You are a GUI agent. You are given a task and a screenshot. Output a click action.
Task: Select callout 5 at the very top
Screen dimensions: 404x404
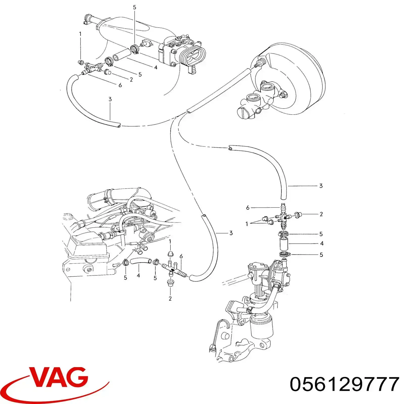(x=135, y=8)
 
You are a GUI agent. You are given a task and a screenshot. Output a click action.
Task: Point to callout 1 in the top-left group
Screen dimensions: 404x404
(x=80, y=34)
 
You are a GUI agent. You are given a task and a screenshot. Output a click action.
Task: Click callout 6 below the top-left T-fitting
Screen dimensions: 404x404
(x=120, y=85)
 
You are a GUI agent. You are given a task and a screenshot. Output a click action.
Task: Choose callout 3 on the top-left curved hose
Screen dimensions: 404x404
(x=110, y=99)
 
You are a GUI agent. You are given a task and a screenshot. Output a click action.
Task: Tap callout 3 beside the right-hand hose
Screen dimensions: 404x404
(x=321, y=186)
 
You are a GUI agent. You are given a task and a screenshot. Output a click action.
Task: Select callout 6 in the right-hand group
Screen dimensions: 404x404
(x=248, y=208)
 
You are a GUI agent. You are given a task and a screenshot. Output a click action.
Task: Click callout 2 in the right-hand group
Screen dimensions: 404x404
(x=321, y=214)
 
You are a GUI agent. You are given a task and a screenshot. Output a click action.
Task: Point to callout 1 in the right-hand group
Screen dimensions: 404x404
(x=247, y=224)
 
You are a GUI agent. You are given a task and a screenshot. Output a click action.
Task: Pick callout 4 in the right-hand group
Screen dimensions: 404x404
(x=322, y=243)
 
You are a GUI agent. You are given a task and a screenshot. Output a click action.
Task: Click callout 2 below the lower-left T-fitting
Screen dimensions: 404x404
(x=170, y=298)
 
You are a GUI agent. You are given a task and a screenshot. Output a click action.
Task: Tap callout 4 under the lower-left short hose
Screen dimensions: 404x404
(x=138, y=275)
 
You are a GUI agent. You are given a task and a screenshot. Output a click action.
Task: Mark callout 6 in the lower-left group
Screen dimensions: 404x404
(x=181, y=257)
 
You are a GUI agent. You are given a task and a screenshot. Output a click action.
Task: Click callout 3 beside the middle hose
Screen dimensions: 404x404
(x=231, y=233)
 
